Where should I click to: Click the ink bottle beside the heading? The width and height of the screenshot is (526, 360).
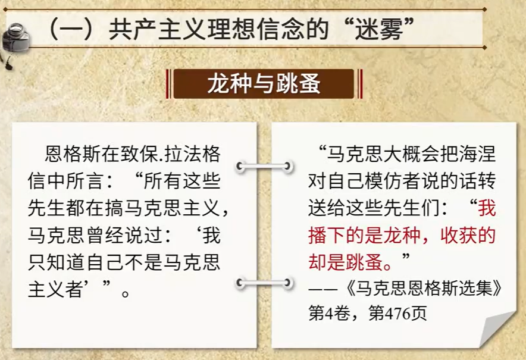pyautogui.click(x=15, y=38)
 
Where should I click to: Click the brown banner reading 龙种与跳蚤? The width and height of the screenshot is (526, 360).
pyautogui.click(x=264, y=83)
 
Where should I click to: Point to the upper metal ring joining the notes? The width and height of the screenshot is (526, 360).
pyautogui.click(x=264, y=167)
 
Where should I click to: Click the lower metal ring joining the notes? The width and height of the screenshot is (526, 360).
pyautogui.click(x=264, y=283)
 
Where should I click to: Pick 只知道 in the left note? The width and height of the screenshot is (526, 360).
pyautogui.click(x=57, y=262)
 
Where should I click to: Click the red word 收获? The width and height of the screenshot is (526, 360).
pyautogui.click(x=459, y=235)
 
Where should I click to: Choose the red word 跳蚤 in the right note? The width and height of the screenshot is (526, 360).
pyautogui.click(x=365, y=262)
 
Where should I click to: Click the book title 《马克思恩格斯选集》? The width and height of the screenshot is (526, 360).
pyautogui.click(x=423, y=288)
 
